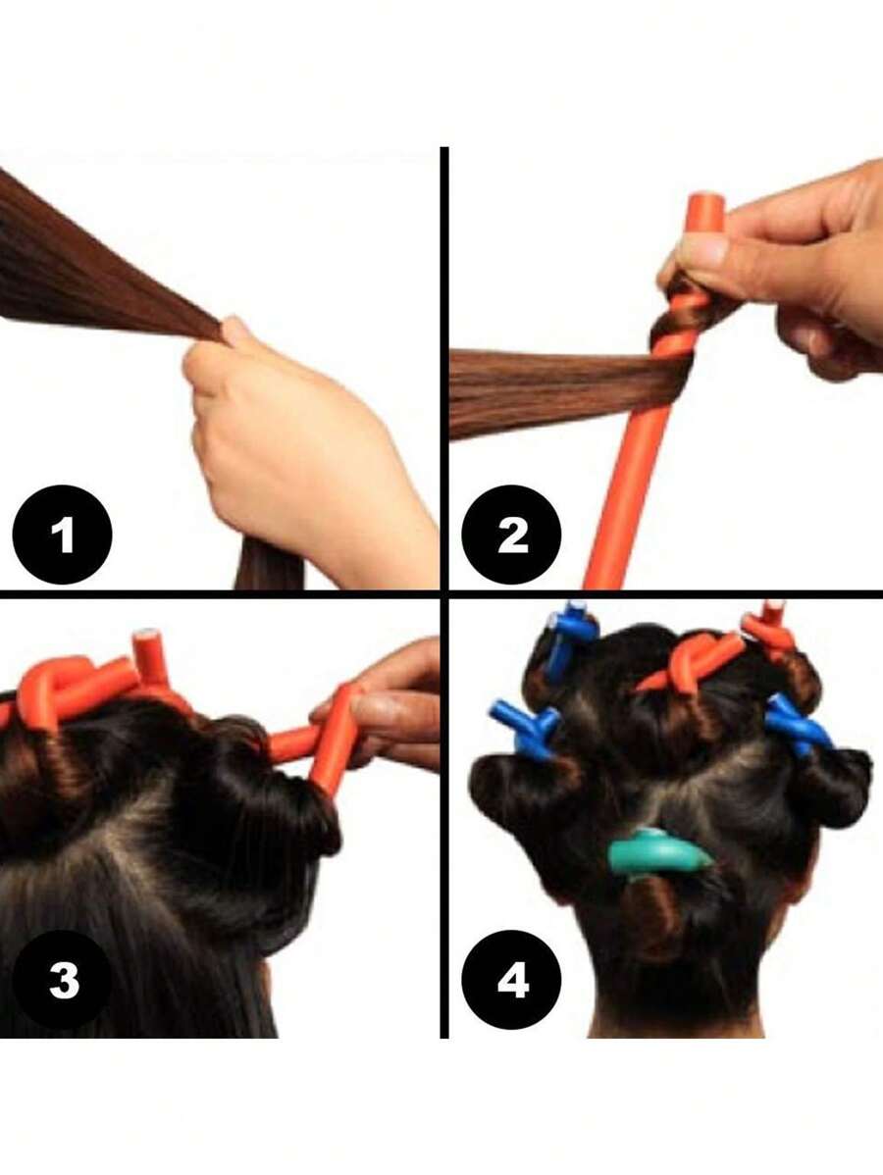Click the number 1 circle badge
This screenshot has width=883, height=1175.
[62, 536]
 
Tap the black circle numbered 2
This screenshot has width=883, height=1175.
[511, 536]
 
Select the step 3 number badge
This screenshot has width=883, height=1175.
[62, 980]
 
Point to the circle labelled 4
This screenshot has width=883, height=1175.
[511, 980]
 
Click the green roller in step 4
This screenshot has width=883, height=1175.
[658, 852]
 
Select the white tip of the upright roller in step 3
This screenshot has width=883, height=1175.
[147, 635]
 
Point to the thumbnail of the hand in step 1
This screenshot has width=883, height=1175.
[235, 330]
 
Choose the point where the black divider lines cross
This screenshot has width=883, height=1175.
[444, 593]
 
